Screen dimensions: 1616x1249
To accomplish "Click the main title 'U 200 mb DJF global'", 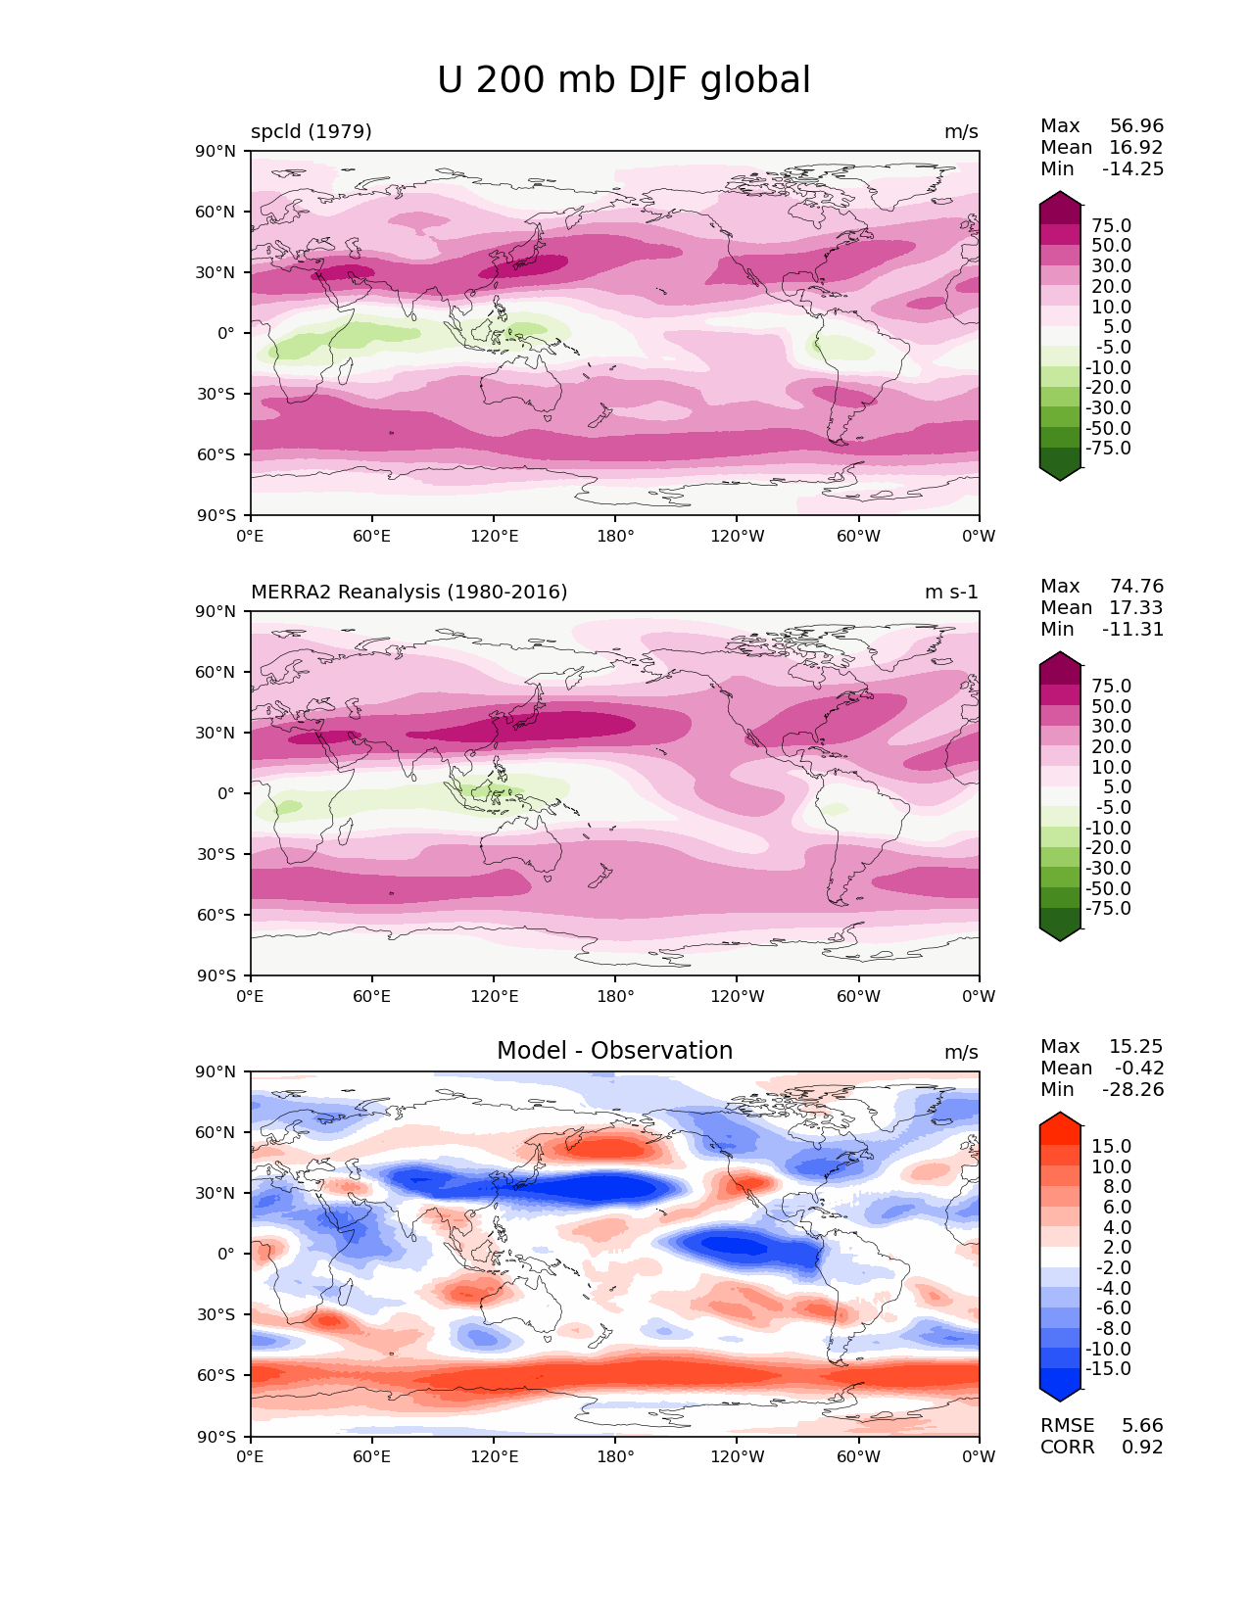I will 624,80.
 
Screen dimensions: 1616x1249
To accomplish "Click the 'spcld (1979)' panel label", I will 312,132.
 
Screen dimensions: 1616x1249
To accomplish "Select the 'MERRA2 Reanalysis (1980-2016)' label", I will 409,593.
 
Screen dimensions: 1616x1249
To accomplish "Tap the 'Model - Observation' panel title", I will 614,1051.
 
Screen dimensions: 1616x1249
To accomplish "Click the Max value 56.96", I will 1136,126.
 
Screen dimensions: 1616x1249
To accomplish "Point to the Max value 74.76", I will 1136,587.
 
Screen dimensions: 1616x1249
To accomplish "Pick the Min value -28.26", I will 1133,1090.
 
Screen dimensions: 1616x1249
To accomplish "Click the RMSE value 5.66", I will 1142,1426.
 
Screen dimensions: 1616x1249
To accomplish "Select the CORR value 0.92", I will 1142,1448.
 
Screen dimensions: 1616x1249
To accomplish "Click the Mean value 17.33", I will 1136,608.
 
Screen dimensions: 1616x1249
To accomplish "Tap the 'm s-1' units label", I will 951,593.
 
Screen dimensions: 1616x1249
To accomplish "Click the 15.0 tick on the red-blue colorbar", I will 1111,1147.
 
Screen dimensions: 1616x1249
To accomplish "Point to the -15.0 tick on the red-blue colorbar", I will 1108,1369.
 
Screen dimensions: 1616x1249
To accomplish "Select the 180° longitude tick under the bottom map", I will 615,1457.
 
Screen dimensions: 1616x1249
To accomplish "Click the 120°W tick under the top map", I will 738,537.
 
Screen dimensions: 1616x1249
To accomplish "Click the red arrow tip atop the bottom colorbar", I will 1060,1118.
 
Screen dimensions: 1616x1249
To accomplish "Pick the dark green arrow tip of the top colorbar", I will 1060,474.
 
